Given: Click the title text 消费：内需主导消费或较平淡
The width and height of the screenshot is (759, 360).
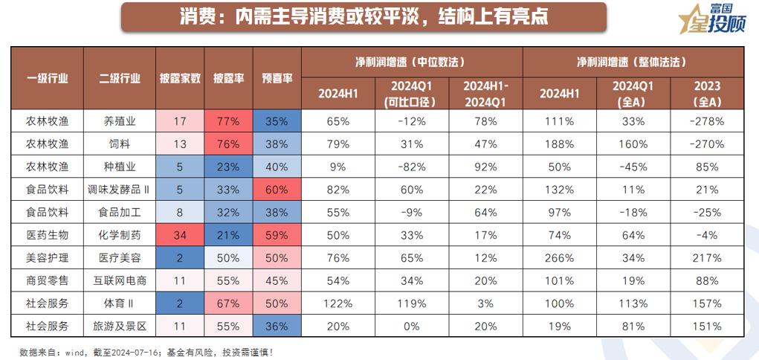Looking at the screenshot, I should click(x=364, y=16).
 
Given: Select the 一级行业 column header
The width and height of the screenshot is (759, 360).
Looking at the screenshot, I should click(x=47, y=77).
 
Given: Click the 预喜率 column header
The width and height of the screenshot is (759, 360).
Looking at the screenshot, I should click(x=276, y=77).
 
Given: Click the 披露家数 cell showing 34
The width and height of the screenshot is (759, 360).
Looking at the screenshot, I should click(x=180, y=235).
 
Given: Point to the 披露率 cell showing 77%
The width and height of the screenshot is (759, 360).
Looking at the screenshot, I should click(x=228, y=120).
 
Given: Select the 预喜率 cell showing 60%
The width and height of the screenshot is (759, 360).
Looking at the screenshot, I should click(x=276, y=190).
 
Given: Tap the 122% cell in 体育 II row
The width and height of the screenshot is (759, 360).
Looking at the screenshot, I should click(x=337, y=303).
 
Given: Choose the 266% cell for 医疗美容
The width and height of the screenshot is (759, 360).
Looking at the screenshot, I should click(x=560, y=258).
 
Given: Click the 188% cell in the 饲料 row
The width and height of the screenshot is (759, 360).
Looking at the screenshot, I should click(x=560, y=144).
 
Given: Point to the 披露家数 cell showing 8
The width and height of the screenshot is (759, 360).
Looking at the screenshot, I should click(x=180, y=212).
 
